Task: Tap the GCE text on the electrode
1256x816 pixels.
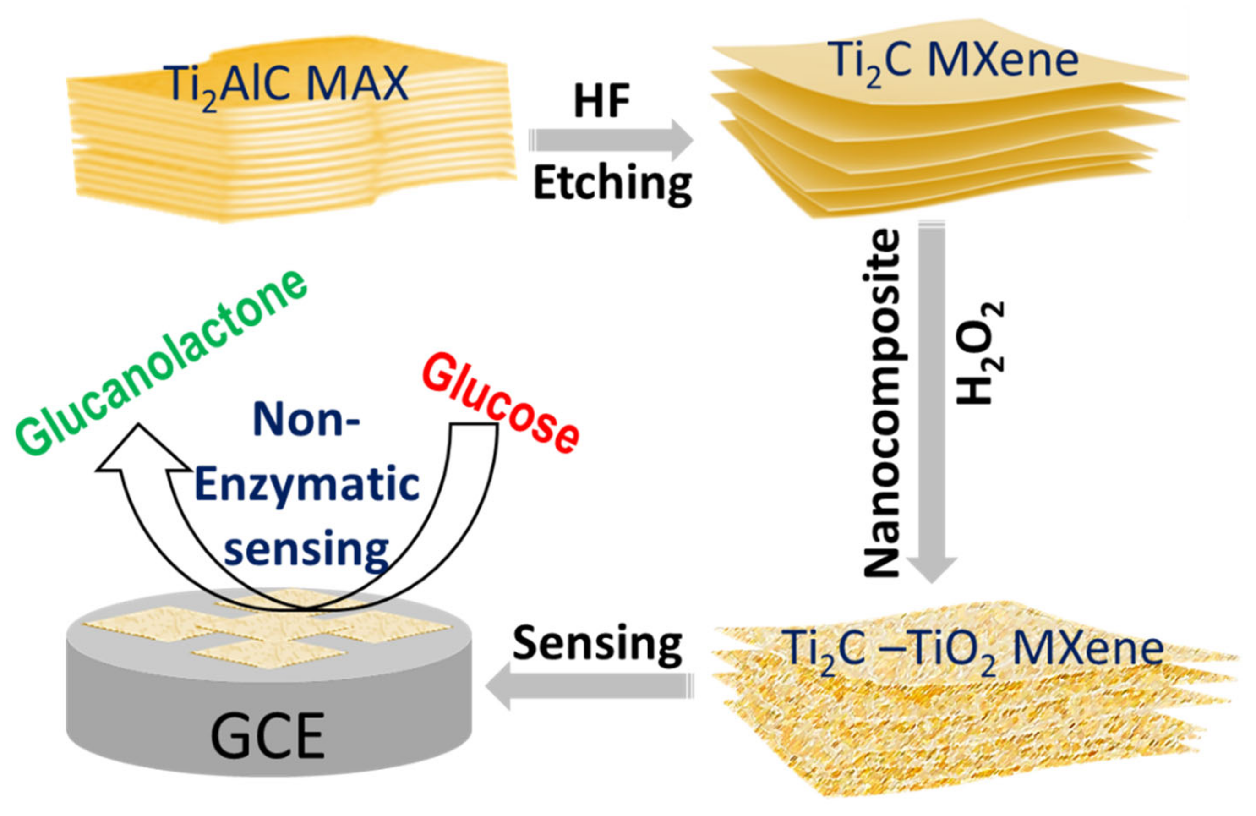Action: tap(267, 737)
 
